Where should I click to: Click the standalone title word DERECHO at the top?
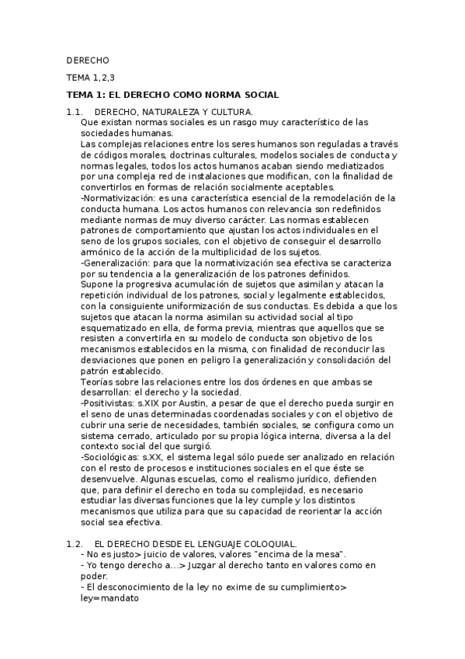pos(88,60)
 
